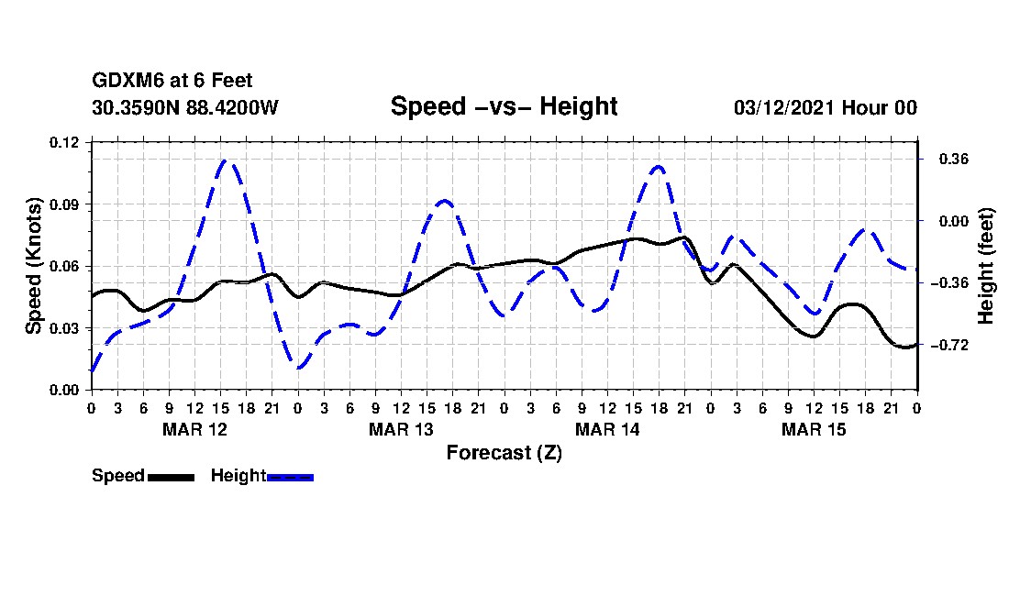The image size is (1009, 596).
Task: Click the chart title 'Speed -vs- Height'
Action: (x=504, y=106)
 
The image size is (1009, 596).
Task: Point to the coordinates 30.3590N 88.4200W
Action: (x=185, y=107)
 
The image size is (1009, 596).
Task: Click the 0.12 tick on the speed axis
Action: (x=64, y=142)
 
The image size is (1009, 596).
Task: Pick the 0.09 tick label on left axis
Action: (x=64, y=204)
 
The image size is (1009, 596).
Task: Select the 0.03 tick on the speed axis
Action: (x=64, y=328)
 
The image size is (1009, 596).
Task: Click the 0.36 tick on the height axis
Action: (x=954, y=160)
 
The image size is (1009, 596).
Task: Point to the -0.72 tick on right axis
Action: (x=949, y=346)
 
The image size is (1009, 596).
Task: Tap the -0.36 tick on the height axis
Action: (x=949, y=283)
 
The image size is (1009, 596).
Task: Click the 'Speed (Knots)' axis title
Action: (x=33, y=266)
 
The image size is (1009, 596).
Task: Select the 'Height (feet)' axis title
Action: (x=985, y=266)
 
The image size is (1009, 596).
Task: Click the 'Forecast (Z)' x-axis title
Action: (x=504, y=453)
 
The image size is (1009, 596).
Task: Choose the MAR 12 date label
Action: (x=195, y=429)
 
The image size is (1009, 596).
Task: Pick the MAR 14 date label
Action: (x=607, y=429)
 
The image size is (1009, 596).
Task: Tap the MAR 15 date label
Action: (x=814, y=429)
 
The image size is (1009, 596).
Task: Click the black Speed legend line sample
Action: (x=171, y=477)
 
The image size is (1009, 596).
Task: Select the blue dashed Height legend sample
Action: (x=290, y=477)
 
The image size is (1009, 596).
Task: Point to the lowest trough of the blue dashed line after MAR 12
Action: (x=298, y=369)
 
